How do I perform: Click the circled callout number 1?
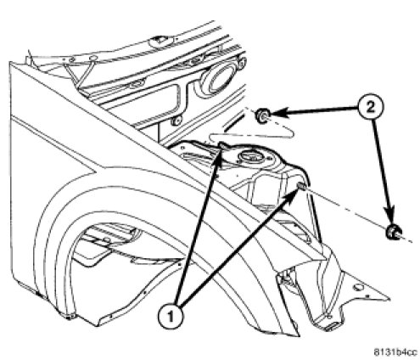[x=171, y=317]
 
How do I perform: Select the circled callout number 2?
[x=371, y=108]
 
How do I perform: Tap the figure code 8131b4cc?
[x=395, y=352]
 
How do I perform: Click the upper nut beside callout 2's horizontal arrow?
[x=262, y=115]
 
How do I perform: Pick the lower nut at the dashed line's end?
[x=393, y=232]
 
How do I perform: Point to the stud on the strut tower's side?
[x=301, y=187]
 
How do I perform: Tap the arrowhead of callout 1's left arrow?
[x=218, y=158]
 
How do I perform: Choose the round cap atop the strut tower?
[x=249, y=156]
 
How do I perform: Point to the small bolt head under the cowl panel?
[x=176, y=121]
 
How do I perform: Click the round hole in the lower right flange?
[x=358, y=287]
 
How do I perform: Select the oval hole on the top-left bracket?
[x=92, y=59]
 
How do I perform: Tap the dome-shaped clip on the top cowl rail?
[x=160, y=41]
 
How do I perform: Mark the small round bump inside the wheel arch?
[x=107, y=239]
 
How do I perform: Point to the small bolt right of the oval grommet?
[x=242, y=64]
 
